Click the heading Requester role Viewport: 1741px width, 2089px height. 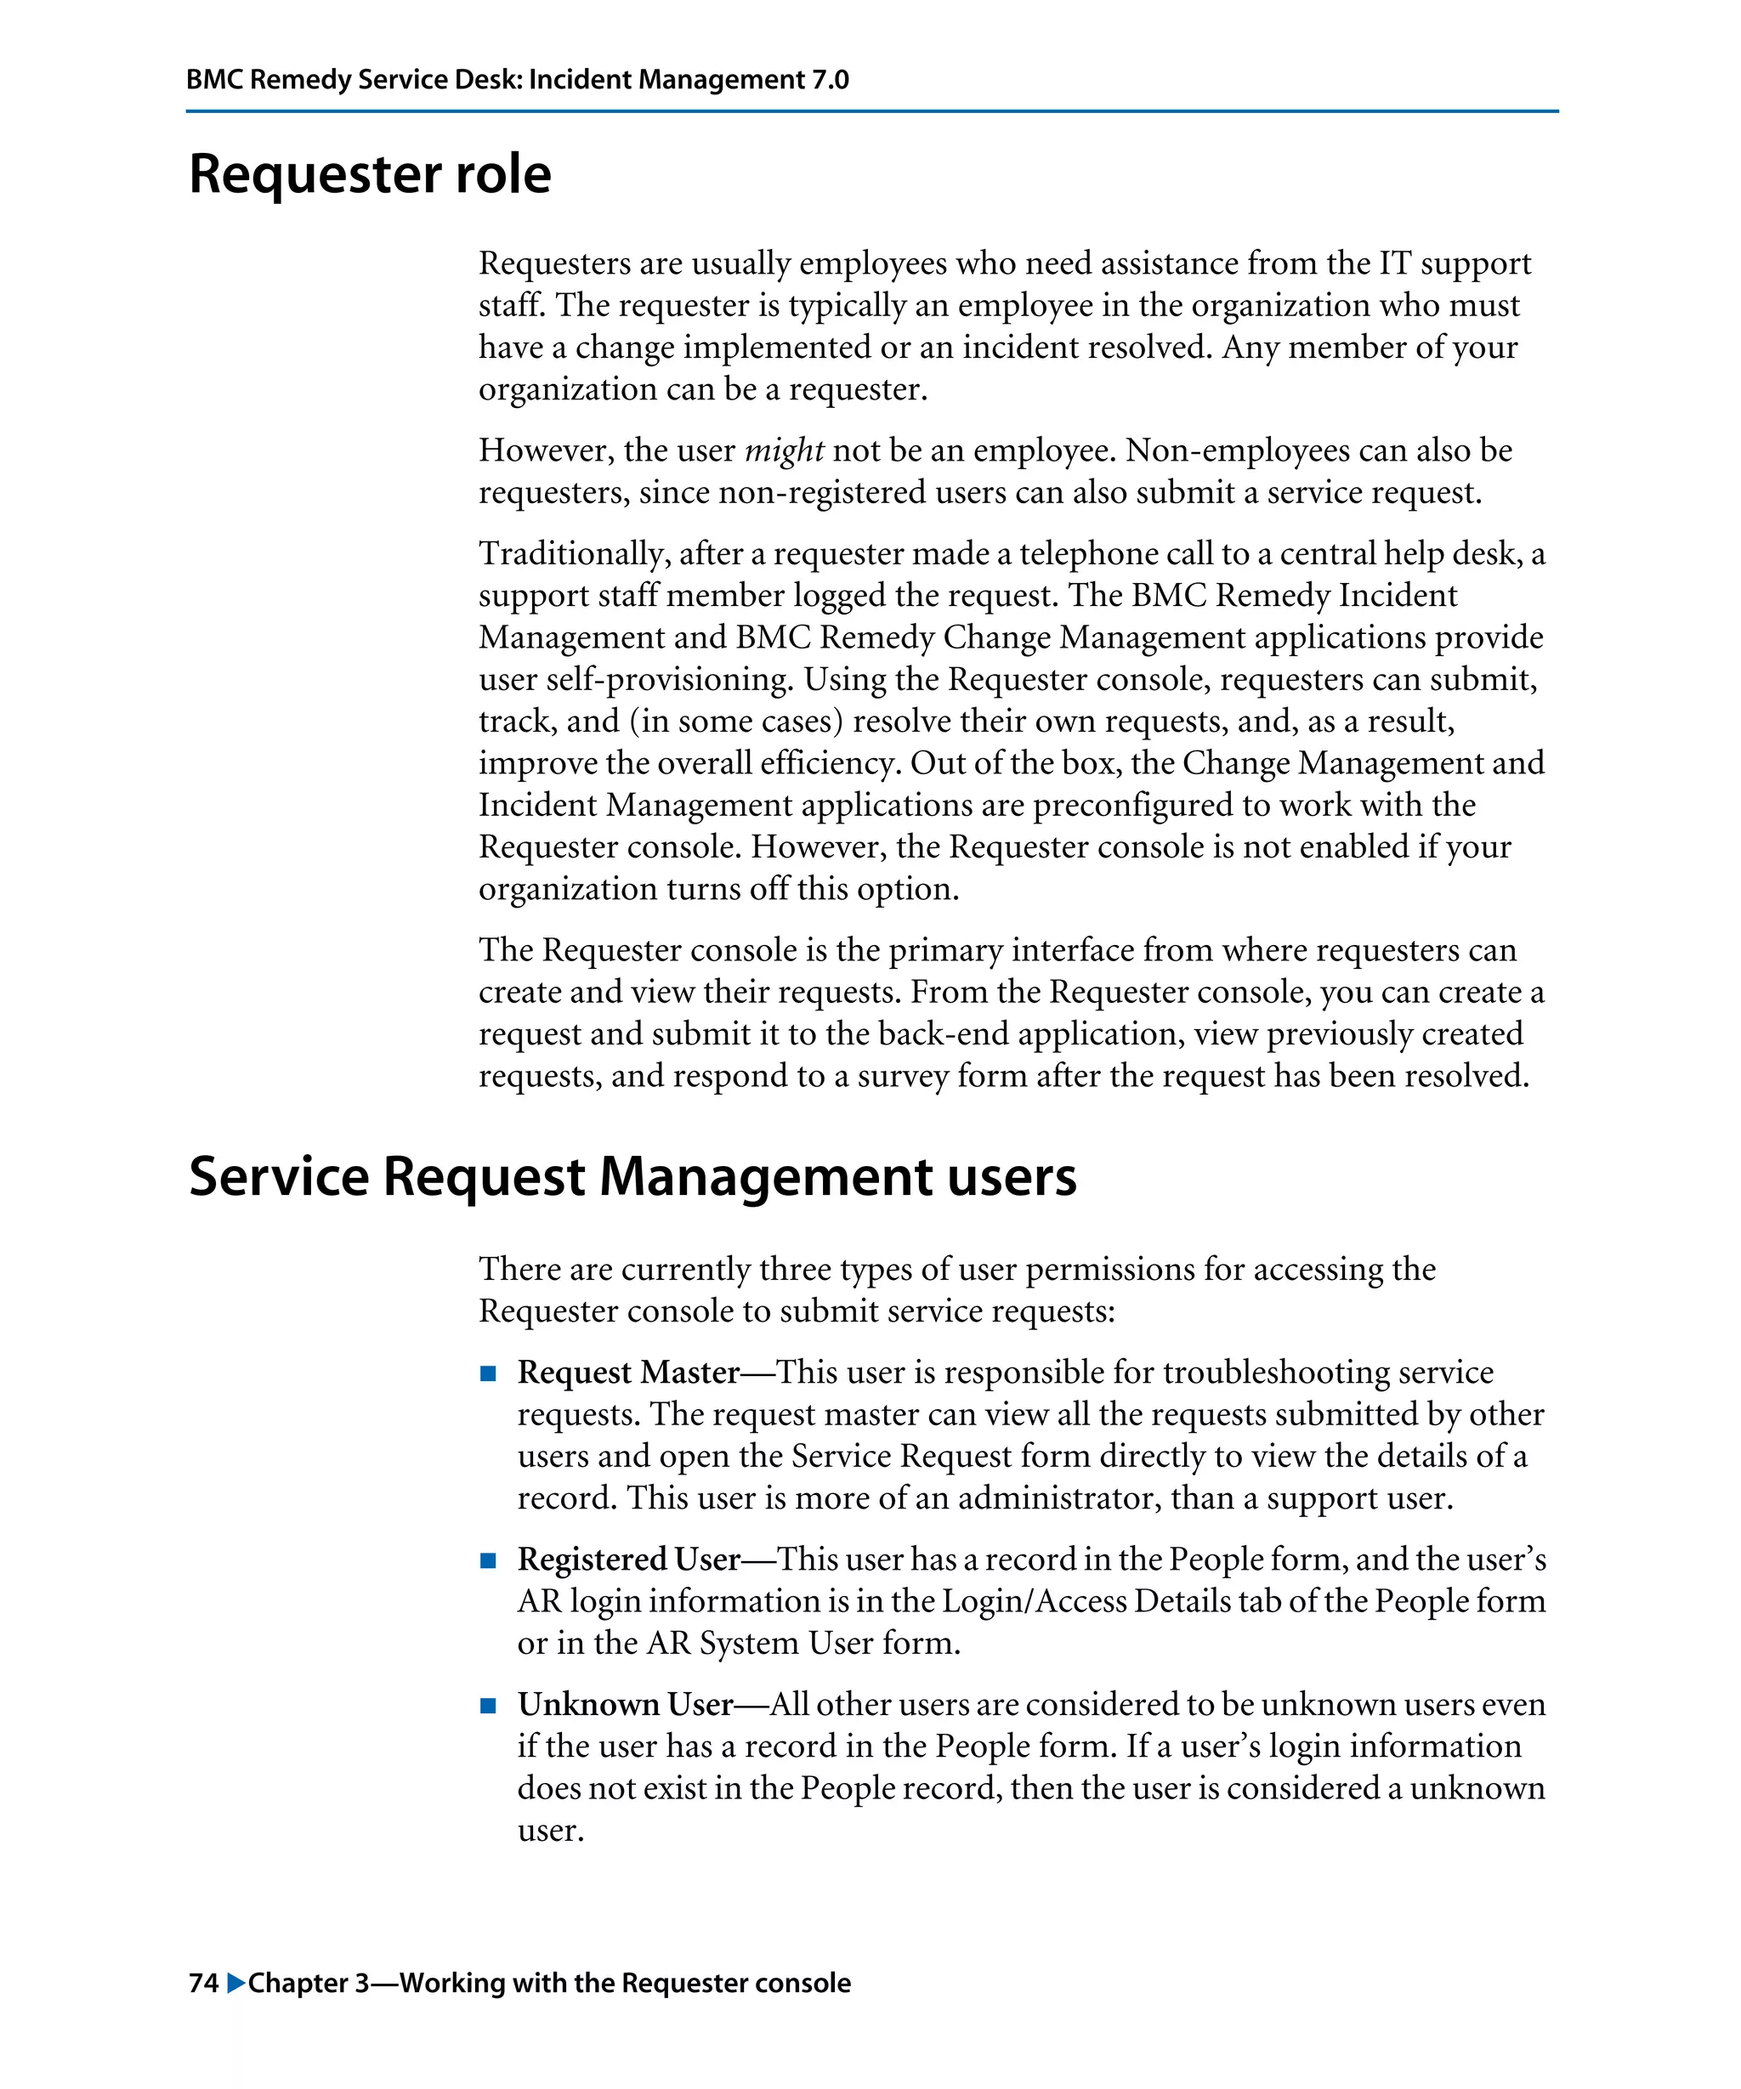tap(369, 175)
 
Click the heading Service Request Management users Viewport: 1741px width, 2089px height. tap(632, 1177)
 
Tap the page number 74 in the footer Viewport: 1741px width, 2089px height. tap(203, 1983)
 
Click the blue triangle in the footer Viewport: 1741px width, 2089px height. tap(235, 1983)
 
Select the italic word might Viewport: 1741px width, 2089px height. tap(784, 451)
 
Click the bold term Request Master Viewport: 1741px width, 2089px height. tap(627, 1373)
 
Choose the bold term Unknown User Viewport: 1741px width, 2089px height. tap(625, 1704)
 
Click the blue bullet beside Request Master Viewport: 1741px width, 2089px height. tap(487, 1373)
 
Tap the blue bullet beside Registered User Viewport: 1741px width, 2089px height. tap(487, 1560)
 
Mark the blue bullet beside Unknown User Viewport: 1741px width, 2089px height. tap(487, 1705)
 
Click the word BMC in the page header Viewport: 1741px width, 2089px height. tap(214, 80)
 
